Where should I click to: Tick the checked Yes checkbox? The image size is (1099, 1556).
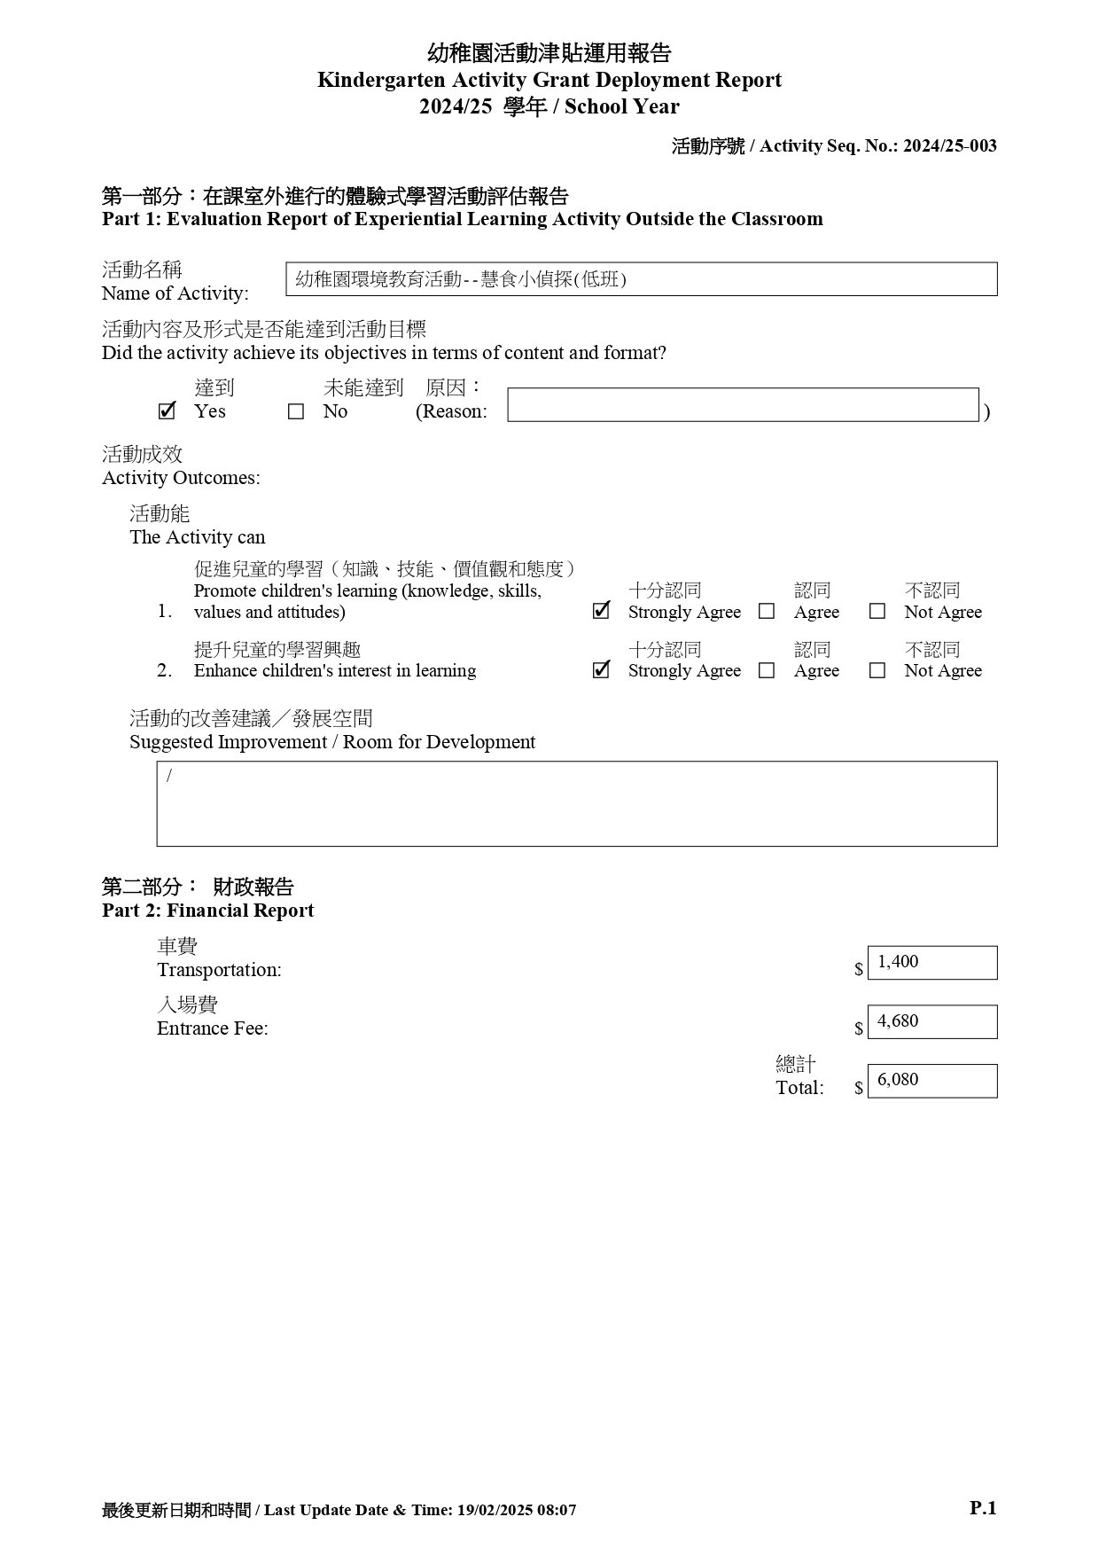(166, 411)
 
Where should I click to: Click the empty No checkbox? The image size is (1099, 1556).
(296, 412)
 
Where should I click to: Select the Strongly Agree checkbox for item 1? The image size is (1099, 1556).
(601, 612)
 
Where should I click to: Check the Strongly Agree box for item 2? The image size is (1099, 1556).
(601, 670)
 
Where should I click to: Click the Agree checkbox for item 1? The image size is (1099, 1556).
(767, 612)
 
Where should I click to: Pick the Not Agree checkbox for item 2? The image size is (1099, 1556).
(877, 671)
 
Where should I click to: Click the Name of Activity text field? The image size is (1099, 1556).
(641, 279)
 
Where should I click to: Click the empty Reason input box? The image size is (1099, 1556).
(743, 405)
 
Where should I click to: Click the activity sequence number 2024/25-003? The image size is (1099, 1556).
(949, 146)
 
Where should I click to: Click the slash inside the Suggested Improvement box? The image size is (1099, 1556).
(169, 777)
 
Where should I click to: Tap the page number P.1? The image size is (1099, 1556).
(983, 1508)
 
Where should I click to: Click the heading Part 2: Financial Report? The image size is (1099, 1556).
(207, 911)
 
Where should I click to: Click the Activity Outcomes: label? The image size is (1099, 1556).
(181, 478)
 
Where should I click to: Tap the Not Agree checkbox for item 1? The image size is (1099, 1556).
(877, 612)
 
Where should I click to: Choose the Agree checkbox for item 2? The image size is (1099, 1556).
(767, 671)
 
